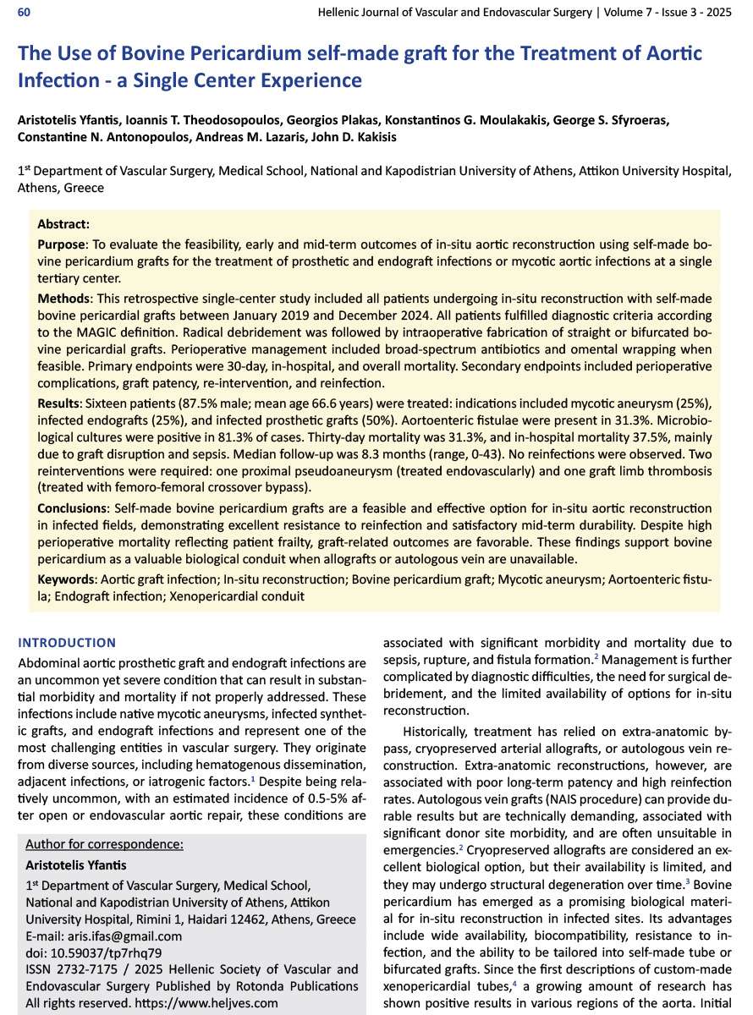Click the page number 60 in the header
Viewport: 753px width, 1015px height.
(x=25, y=14)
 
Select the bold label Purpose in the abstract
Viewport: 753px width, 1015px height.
(x=64, y=244)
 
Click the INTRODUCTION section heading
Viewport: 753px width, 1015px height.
(x=67, y=643)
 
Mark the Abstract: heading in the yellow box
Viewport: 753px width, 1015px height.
(x=63, y=225)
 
